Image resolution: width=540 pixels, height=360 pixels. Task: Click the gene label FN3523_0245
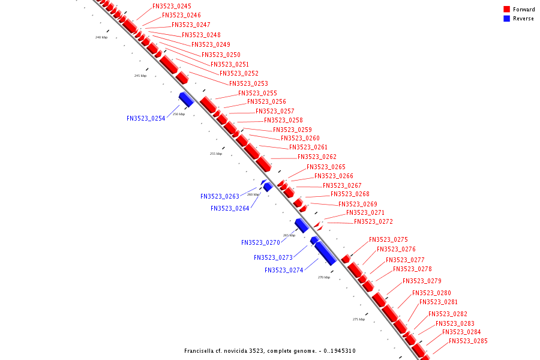tap(172, 6)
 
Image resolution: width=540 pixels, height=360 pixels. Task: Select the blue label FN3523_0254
tap(146, 118)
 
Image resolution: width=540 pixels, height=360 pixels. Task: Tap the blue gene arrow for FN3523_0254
tap(186, 100)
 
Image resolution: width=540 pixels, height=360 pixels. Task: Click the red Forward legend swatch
tap(506, 9)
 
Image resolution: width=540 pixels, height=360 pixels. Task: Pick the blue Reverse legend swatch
tap(506, 19)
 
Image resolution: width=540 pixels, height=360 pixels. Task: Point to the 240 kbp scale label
tap(101, 37)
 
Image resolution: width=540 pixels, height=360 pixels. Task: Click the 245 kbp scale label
tap(140, 76)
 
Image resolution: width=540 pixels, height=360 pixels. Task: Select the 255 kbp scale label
tap(216, 154)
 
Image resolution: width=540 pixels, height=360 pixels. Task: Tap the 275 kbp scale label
tap(358, 319)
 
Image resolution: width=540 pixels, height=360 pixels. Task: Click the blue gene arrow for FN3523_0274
tap(325, 253)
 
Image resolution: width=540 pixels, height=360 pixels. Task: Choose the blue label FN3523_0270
tap(260, 242)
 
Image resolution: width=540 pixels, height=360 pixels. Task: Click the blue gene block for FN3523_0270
tap(301, 226)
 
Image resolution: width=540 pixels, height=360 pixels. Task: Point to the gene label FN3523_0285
tap(468, 341)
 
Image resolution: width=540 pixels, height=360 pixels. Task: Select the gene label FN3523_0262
tap(317, 157)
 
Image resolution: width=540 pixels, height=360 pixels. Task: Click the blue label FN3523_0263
tap(220, 196)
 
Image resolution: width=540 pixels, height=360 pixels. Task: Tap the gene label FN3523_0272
tap(373, 221)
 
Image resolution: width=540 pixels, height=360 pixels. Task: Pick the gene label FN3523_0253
tap(248, 83)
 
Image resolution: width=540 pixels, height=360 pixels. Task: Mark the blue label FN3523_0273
tap(273, 257)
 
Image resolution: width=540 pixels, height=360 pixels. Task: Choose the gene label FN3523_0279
tap(422, 281)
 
